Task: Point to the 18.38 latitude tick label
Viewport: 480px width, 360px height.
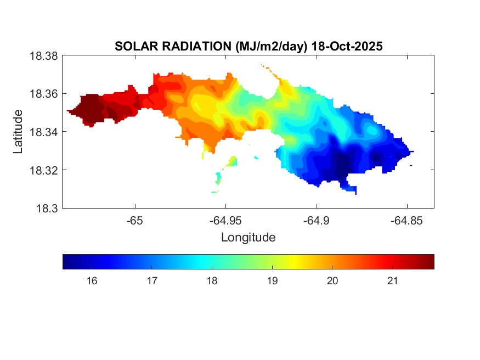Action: tap(43, 56)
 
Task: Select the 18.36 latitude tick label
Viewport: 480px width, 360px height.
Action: tap(43, 94)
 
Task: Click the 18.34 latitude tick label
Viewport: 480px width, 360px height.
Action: tap(43, 132)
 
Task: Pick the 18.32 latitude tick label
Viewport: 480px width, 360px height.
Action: tap(43, 170)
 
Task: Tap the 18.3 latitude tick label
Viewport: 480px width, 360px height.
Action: tap(46, 209)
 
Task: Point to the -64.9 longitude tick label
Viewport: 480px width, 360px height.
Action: tap(316, 221)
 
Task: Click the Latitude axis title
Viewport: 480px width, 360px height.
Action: tap(19, 132)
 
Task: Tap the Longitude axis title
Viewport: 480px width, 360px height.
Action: tap(248, 238)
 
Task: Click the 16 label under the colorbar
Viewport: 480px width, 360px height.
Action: tap(92, 281)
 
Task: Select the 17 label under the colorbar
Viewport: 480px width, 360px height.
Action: tap(152, 281)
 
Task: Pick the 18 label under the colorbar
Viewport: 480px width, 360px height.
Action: tap(212, 281)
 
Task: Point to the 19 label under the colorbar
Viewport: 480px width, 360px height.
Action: tap(272, 281)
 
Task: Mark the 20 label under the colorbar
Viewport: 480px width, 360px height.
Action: tap(332, 281)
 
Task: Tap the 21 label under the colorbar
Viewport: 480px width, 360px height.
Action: tap(392, 281)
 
